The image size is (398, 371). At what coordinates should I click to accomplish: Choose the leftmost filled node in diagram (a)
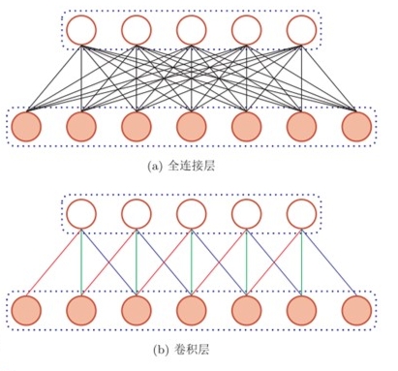[26, 127]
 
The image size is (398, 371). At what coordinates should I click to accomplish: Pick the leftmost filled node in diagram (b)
[26, 310]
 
